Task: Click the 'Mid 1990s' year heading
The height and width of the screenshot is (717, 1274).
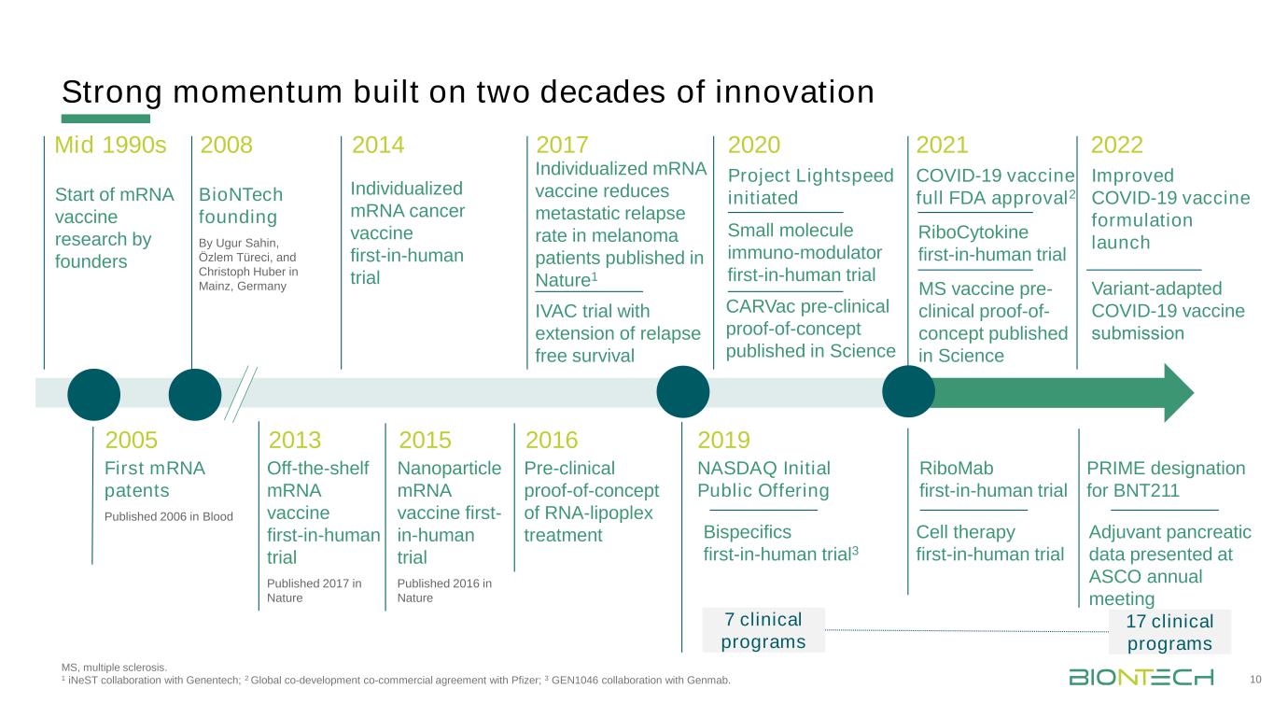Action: pyautogui.click(x=110, y=145)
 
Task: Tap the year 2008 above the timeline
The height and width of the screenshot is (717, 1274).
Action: pyautogui.click(x=227, y=145)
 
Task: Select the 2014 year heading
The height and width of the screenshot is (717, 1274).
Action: pyautogui.click(x=378, y=145)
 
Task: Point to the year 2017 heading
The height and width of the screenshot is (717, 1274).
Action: pyautogui.click(x=562, y=145)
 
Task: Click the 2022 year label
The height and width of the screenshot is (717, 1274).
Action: pyautogui.click(x=1116, y=145)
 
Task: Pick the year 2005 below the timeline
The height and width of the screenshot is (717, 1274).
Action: pyautogui.click(x=132, y=440)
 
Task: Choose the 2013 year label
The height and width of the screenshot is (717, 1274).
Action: pyautogui.click(x=295, y=440)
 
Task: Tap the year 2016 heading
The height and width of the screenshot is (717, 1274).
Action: pyautogui.click(x=551, y=440)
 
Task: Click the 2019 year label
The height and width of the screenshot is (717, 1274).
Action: pyautogui.click(x=723, y=440)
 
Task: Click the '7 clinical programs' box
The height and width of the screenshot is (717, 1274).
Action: pyautogui.click(x=763, y=630)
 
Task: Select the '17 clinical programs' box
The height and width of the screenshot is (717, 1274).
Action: pyautogui.click(x=1169, y=632)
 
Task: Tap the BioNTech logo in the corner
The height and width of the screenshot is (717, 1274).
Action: pyautogui.click(x=1141, y=677)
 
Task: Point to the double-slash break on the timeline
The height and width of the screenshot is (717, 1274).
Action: pyautogui.click(x=241, y=394)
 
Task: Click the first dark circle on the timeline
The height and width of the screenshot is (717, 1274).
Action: pyautogui.click(x=94, y=394)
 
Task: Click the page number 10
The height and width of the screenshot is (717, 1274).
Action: pyautogui.click(x=1255, y=680)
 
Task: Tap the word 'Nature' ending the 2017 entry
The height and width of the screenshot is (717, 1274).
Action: pyautogui.click(x=563, y=280)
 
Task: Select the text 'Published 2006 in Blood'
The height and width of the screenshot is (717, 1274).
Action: pyautogui.click(x=168, y=516)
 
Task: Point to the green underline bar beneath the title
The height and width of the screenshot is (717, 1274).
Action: pyautogui.click(x=105, y=119)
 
